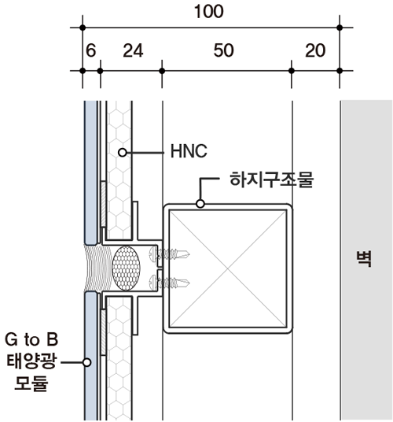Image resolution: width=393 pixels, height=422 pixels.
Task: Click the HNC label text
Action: point(188,150)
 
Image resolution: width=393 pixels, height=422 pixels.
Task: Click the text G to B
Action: point(31,340)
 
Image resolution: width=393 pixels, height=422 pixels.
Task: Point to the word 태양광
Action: point(30,363)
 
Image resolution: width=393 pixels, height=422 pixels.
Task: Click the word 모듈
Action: point(31,386)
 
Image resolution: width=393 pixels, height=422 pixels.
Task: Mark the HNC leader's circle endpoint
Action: point(122,150)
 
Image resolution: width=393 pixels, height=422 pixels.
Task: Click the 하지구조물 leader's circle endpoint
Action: point(200,204)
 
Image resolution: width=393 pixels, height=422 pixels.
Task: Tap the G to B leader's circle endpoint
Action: point(87,363)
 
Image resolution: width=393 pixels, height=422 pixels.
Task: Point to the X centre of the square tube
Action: point(228,268)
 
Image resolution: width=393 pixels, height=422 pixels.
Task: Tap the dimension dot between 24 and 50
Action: point(162,71)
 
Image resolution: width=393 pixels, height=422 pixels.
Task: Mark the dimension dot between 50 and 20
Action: point(292,71)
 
